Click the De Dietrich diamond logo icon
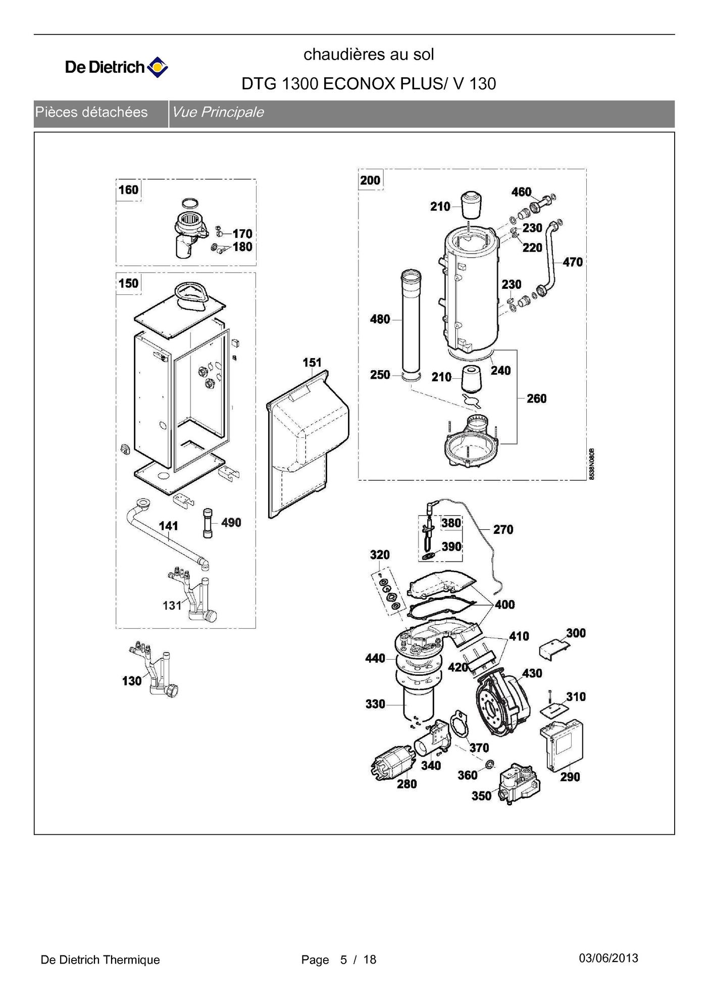coord(158,67)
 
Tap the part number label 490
coord(231,522)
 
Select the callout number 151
coord(312,362)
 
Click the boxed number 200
coord(370,180)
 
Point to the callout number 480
coord(380,319)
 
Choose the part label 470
coord(572,262)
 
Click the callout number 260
coord(536,398)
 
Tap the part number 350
coord(481,796)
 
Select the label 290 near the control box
coord(570,777)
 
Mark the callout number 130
coord(132,681)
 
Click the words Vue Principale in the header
coord(218,112)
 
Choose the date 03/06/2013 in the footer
coord(608,958)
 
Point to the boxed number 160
coord(128,190)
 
